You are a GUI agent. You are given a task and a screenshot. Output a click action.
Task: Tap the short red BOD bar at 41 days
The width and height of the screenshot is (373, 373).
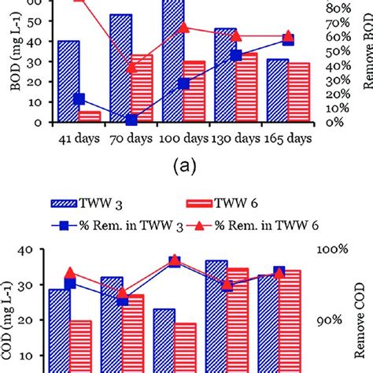(90, 116)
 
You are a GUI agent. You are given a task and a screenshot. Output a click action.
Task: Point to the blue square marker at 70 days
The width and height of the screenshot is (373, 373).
(131, 120)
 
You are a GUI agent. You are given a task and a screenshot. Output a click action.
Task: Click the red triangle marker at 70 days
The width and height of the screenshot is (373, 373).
(131, 68)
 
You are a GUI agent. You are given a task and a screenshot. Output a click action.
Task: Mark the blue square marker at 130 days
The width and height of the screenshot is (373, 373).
(235, 55)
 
